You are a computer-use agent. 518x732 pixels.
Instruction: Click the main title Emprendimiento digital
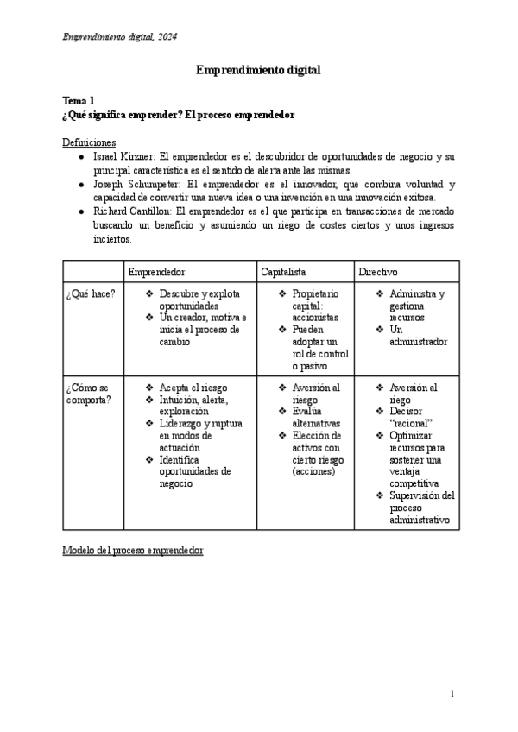pyautogui.click(x=258, y=70)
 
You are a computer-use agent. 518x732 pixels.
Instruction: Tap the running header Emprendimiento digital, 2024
pyautogui.click(x=120, y=35)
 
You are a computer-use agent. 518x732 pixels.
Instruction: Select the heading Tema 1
pyautogui.click(x=79, y=101)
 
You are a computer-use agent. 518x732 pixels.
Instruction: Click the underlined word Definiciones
pyautogui.click(x=90, y=142)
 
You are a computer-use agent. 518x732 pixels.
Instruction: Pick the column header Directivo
pyautogui.click(x=378, y=272)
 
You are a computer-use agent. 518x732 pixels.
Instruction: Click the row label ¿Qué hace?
pyautogui.click(x=91, y=294)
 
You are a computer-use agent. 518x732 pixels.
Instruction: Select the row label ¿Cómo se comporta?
pyautogui.click(x=88, y=394)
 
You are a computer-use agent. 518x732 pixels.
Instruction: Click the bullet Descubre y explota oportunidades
pyautogui.click(x=200, y=300)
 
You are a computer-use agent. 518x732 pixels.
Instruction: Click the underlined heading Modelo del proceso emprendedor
pyautogui.click(x=133, y=550)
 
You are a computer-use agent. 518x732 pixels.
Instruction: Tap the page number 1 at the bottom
pyautogui.click(x=452, y=694)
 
